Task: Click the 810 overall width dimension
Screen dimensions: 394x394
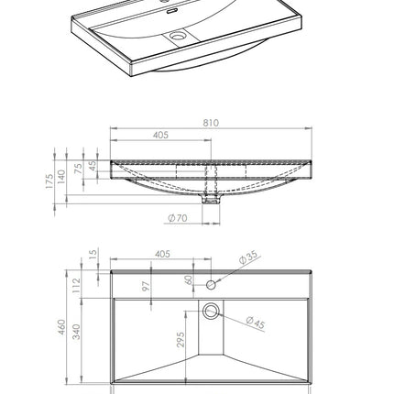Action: (211, 123)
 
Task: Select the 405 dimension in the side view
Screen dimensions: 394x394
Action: (160, 135)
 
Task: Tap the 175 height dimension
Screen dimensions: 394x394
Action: (49, 181)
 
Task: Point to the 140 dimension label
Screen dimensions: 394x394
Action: (61, 177)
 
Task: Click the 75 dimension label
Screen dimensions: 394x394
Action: (79, 169)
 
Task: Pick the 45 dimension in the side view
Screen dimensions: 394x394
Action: (92, 166)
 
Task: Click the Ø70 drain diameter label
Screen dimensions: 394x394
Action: (178, 218)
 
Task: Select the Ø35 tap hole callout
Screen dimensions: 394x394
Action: (248, 257)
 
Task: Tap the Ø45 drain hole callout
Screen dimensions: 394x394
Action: (256, 323)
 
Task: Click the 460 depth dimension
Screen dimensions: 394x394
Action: (61, 327)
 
